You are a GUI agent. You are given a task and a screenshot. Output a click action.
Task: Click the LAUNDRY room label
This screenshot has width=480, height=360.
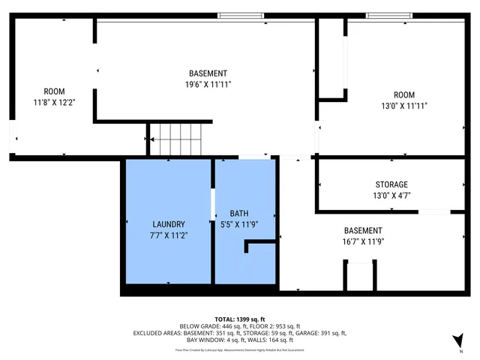[x=168, y=224]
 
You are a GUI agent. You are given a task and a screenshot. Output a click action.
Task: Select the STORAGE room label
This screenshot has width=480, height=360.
[x=391, y=184]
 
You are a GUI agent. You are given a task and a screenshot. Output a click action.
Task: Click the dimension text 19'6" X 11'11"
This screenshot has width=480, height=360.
[x=208, y=85]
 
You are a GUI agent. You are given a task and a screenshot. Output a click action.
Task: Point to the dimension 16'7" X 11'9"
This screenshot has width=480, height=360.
[x=363, y=241]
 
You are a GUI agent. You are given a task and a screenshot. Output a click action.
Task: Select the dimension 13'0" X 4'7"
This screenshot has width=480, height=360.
[x=391, y=195]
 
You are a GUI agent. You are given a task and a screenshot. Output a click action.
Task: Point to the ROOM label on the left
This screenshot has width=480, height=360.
[x=54, y=91]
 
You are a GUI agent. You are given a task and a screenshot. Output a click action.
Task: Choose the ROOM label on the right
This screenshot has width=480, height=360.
[x=404, y=94]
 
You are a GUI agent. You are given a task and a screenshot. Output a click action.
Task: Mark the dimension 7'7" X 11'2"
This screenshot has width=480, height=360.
[x=168, y=235]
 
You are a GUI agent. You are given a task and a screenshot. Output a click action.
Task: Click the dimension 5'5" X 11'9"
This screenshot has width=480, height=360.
[x=238, y=223]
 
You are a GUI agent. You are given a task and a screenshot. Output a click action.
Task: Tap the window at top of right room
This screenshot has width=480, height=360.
[x=389, y=16]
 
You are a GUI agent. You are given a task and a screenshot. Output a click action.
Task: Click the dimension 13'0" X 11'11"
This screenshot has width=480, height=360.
[x=404, y=106]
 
